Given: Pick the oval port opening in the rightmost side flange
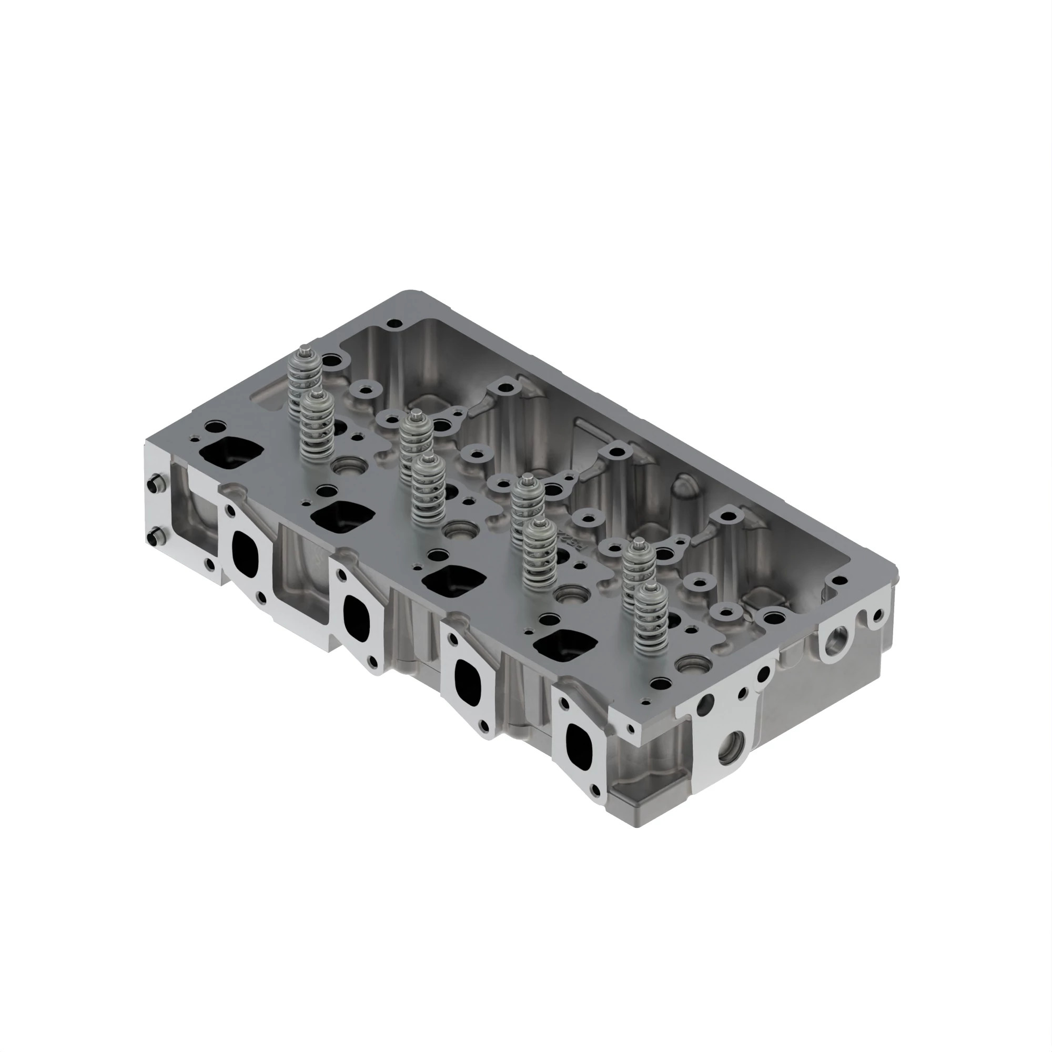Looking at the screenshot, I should point(578,744).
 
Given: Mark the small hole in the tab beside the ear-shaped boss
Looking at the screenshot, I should point(876,616).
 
